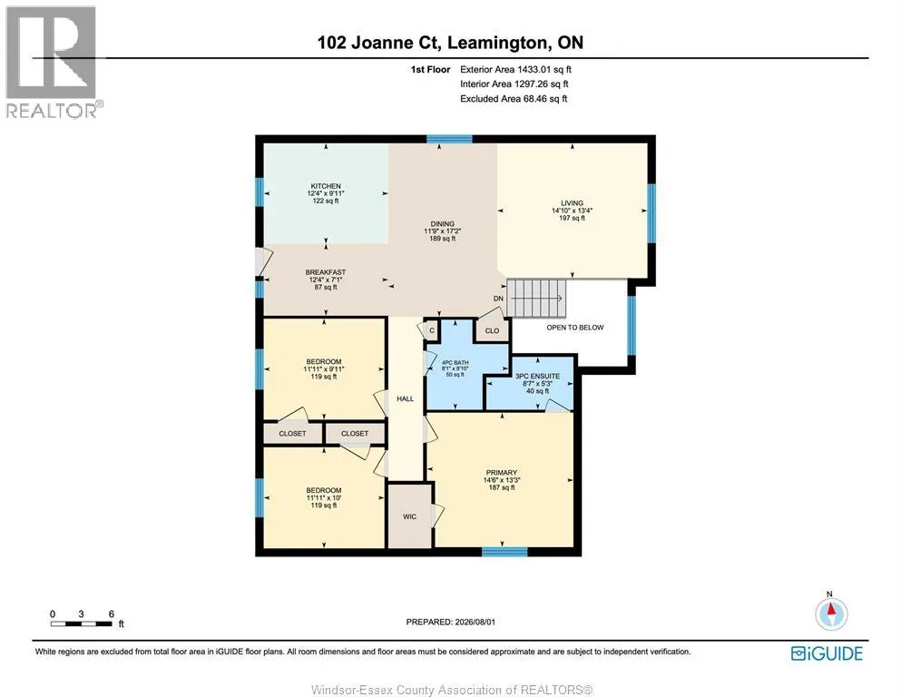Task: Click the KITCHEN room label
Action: tap(326, 186)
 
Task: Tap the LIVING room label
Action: tap(572, 202)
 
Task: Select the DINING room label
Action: tap(443, 223)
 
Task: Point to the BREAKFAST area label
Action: tap(325, 272)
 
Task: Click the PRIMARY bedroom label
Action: tap(502, 472)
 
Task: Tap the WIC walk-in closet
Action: tap(410, 516)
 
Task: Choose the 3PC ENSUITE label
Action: tap(537, 376)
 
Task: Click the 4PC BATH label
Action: tap(455, 363)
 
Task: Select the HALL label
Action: tap(405, 398)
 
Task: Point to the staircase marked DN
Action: tap(536, 299)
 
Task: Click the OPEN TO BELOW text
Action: tap(575, 328)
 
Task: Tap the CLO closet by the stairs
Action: tap(493, 330)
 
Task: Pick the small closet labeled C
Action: tap(432, 329)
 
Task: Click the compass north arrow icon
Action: tap(831, 614)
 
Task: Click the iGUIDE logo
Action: tap(827, 653)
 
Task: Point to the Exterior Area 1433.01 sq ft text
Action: tap(515, 70)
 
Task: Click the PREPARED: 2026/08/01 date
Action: tap(450, 622)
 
